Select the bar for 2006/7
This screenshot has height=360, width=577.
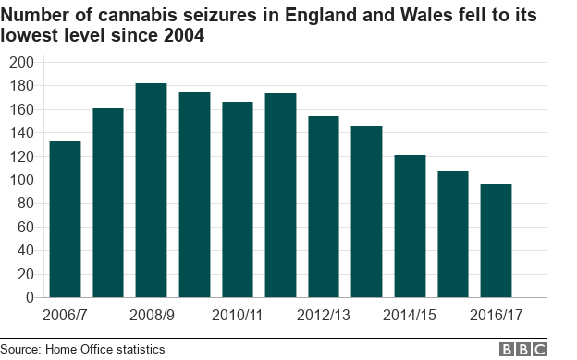click(65, 219)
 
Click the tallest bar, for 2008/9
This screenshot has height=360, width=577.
click(151, 191)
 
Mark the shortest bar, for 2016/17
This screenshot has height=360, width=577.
click(496, 241)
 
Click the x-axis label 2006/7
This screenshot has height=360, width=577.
click(66, 315)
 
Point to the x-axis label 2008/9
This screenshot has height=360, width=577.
click(152, 315)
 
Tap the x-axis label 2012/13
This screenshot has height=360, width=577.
click(324, 315)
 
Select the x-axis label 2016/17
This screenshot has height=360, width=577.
click(496, 315)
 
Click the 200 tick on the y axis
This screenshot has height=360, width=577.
click(20, 62)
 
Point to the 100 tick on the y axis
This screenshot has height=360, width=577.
click(20, 180)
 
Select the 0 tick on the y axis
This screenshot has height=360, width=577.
click(28, 298)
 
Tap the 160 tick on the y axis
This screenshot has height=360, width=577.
click(20, 109)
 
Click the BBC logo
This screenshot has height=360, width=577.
click(523, 349)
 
